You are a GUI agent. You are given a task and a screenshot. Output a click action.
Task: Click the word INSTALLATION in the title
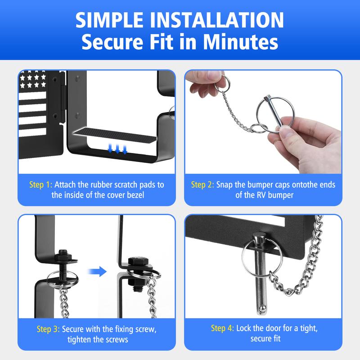(217, 20)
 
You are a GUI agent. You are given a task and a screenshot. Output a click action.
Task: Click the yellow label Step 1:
(40, 184)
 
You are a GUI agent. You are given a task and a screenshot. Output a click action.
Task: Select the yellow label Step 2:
(202, 184)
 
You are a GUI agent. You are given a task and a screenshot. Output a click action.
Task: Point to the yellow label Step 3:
(48, 329)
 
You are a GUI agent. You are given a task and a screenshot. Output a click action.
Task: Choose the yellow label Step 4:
(222, 328)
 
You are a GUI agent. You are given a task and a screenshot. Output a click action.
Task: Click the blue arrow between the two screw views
(97, 271)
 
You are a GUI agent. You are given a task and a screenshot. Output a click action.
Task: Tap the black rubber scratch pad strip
(114, 136)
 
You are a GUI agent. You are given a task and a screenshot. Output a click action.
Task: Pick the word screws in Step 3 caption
(117, 340)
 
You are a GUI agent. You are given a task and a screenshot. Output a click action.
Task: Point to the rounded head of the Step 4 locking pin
(259, 238)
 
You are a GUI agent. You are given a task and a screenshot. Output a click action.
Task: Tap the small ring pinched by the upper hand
(222, 83)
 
